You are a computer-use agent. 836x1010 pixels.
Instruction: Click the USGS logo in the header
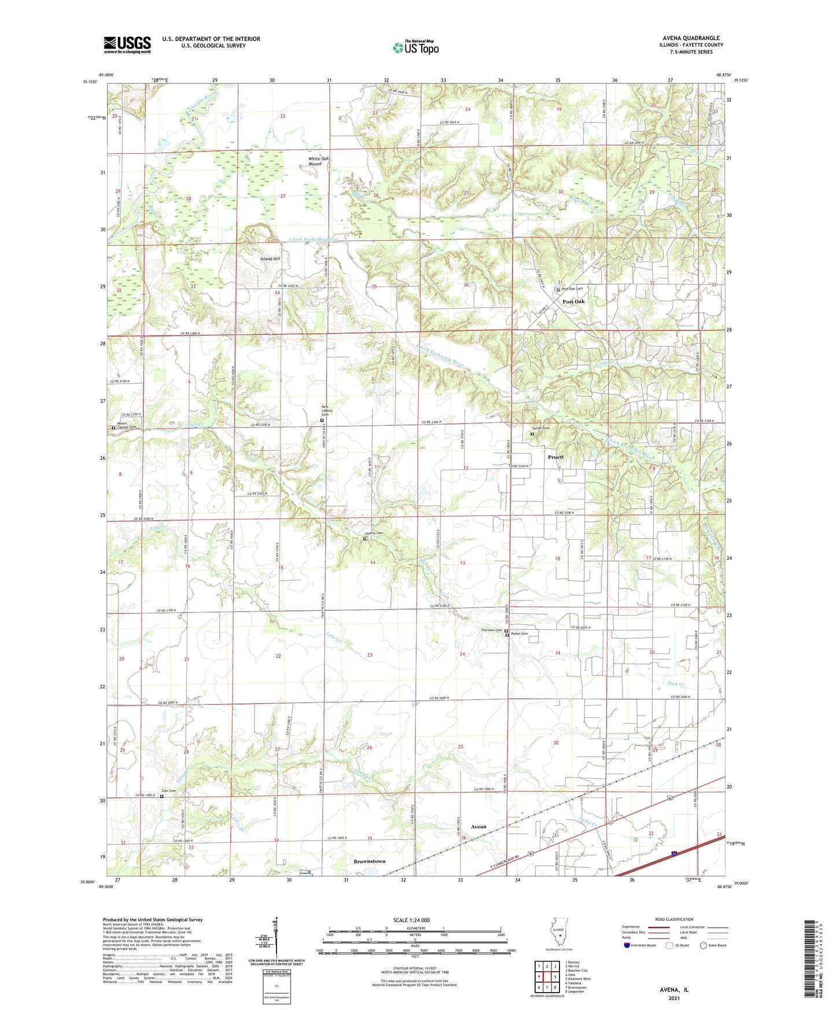click(127, 45)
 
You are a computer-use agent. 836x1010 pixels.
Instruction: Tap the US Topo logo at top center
click(415, 47)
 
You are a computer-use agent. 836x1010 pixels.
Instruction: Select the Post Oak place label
click(574, 301)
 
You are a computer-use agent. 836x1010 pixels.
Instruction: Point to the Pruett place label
click(555, 457)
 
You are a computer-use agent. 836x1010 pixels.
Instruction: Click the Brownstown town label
click(369, 861)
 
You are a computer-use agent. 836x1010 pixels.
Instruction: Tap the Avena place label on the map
click(478, 827)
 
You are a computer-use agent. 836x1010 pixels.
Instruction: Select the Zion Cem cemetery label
click(168, 791)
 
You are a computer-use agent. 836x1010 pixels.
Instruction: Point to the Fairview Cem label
click(491, 631)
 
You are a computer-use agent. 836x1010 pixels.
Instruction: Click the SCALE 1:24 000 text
click(411, 920)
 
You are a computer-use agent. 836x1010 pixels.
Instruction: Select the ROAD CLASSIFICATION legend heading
click(674, 919)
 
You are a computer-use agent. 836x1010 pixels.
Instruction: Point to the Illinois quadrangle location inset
click(559, 933)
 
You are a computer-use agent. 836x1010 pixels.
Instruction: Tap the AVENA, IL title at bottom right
click(674, 990)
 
